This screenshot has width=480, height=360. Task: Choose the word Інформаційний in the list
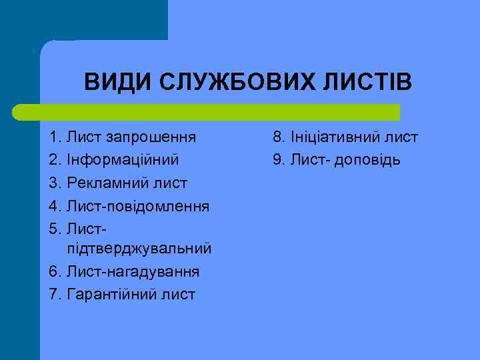coord(122,161)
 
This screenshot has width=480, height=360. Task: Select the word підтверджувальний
coord(139,249)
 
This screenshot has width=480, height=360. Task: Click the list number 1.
coord(54,138)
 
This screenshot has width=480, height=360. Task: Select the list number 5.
coord(54,229)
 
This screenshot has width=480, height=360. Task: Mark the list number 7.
coord(54,294)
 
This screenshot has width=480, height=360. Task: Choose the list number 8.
coord(277,138)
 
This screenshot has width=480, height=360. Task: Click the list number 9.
coord(277,161)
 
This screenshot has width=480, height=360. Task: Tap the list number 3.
coord(54,183)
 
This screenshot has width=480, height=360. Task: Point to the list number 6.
coord(54,271)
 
